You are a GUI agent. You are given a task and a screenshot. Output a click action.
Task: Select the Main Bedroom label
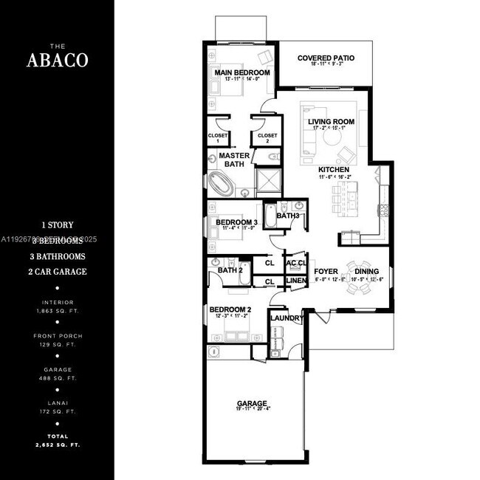point(241,73)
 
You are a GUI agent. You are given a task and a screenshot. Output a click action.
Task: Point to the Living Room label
point(332,122)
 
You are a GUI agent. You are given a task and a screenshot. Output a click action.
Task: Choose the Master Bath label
point(234,160)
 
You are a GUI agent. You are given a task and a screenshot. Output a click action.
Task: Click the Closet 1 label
point(218,137)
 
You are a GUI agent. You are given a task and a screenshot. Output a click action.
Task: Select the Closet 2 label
point(267,136)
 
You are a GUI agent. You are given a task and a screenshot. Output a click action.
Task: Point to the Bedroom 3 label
point(236,222)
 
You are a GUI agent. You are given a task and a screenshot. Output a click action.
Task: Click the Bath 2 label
point(230,270)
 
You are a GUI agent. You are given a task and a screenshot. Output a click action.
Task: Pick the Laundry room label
point(287,318)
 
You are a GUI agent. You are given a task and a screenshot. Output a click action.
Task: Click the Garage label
point(251,404)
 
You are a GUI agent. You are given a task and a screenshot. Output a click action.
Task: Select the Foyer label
point(326,270)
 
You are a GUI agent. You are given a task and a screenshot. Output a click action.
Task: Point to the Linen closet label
point(295,281)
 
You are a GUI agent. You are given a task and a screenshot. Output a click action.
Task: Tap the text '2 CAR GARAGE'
point(57,272)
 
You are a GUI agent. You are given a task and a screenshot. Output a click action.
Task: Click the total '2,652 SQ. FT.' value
point(57,445)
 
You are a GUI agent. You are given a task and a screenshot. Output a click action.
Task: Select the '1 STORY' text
point(57,224)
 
